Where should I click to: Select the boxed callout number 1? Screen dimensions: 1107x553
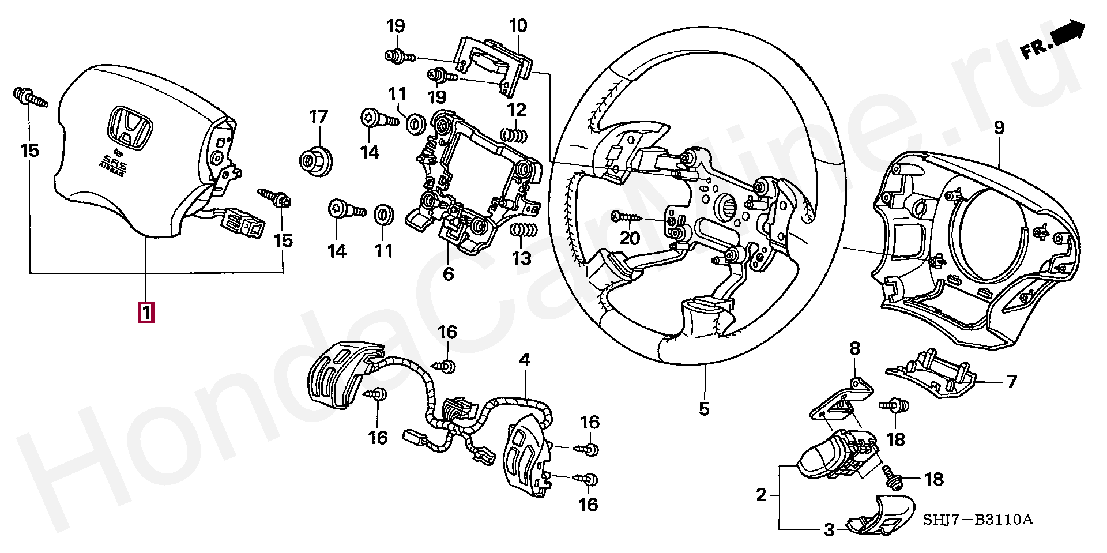(x=146, y=313)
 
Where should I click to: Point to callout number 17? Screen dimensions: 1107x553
(x=318, y=117)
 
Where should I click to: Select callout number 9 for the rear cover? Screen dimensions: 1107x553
(x=999, y=127)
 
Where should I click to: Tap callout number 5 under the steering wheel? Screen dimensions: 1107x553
(x=704, y=409)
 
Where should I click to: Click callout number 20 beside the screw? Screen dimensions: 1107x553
(x=630, y=238)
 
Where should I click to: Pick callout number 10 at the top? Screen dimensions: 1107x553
(x=518, y=26)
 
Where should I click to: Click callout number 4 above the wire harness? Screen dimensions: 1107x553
(x=524, y=360)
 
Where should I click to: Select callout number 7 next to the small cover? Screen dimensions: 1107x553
(x=1011, y=381)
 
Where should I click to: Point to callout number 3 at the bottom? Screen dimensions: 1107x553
(x=829, y=529)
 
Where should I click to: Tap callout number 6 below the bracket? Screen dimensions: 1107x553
(x=449, y=273)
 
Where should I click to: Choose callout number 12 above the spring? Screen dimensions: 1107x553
(x=517, y=110)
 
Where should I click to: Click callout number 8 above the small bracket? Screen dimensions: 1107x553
(x=854, y=348)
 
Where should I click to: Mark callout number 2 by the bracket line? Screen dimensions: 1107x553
(x=762, y=495)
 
